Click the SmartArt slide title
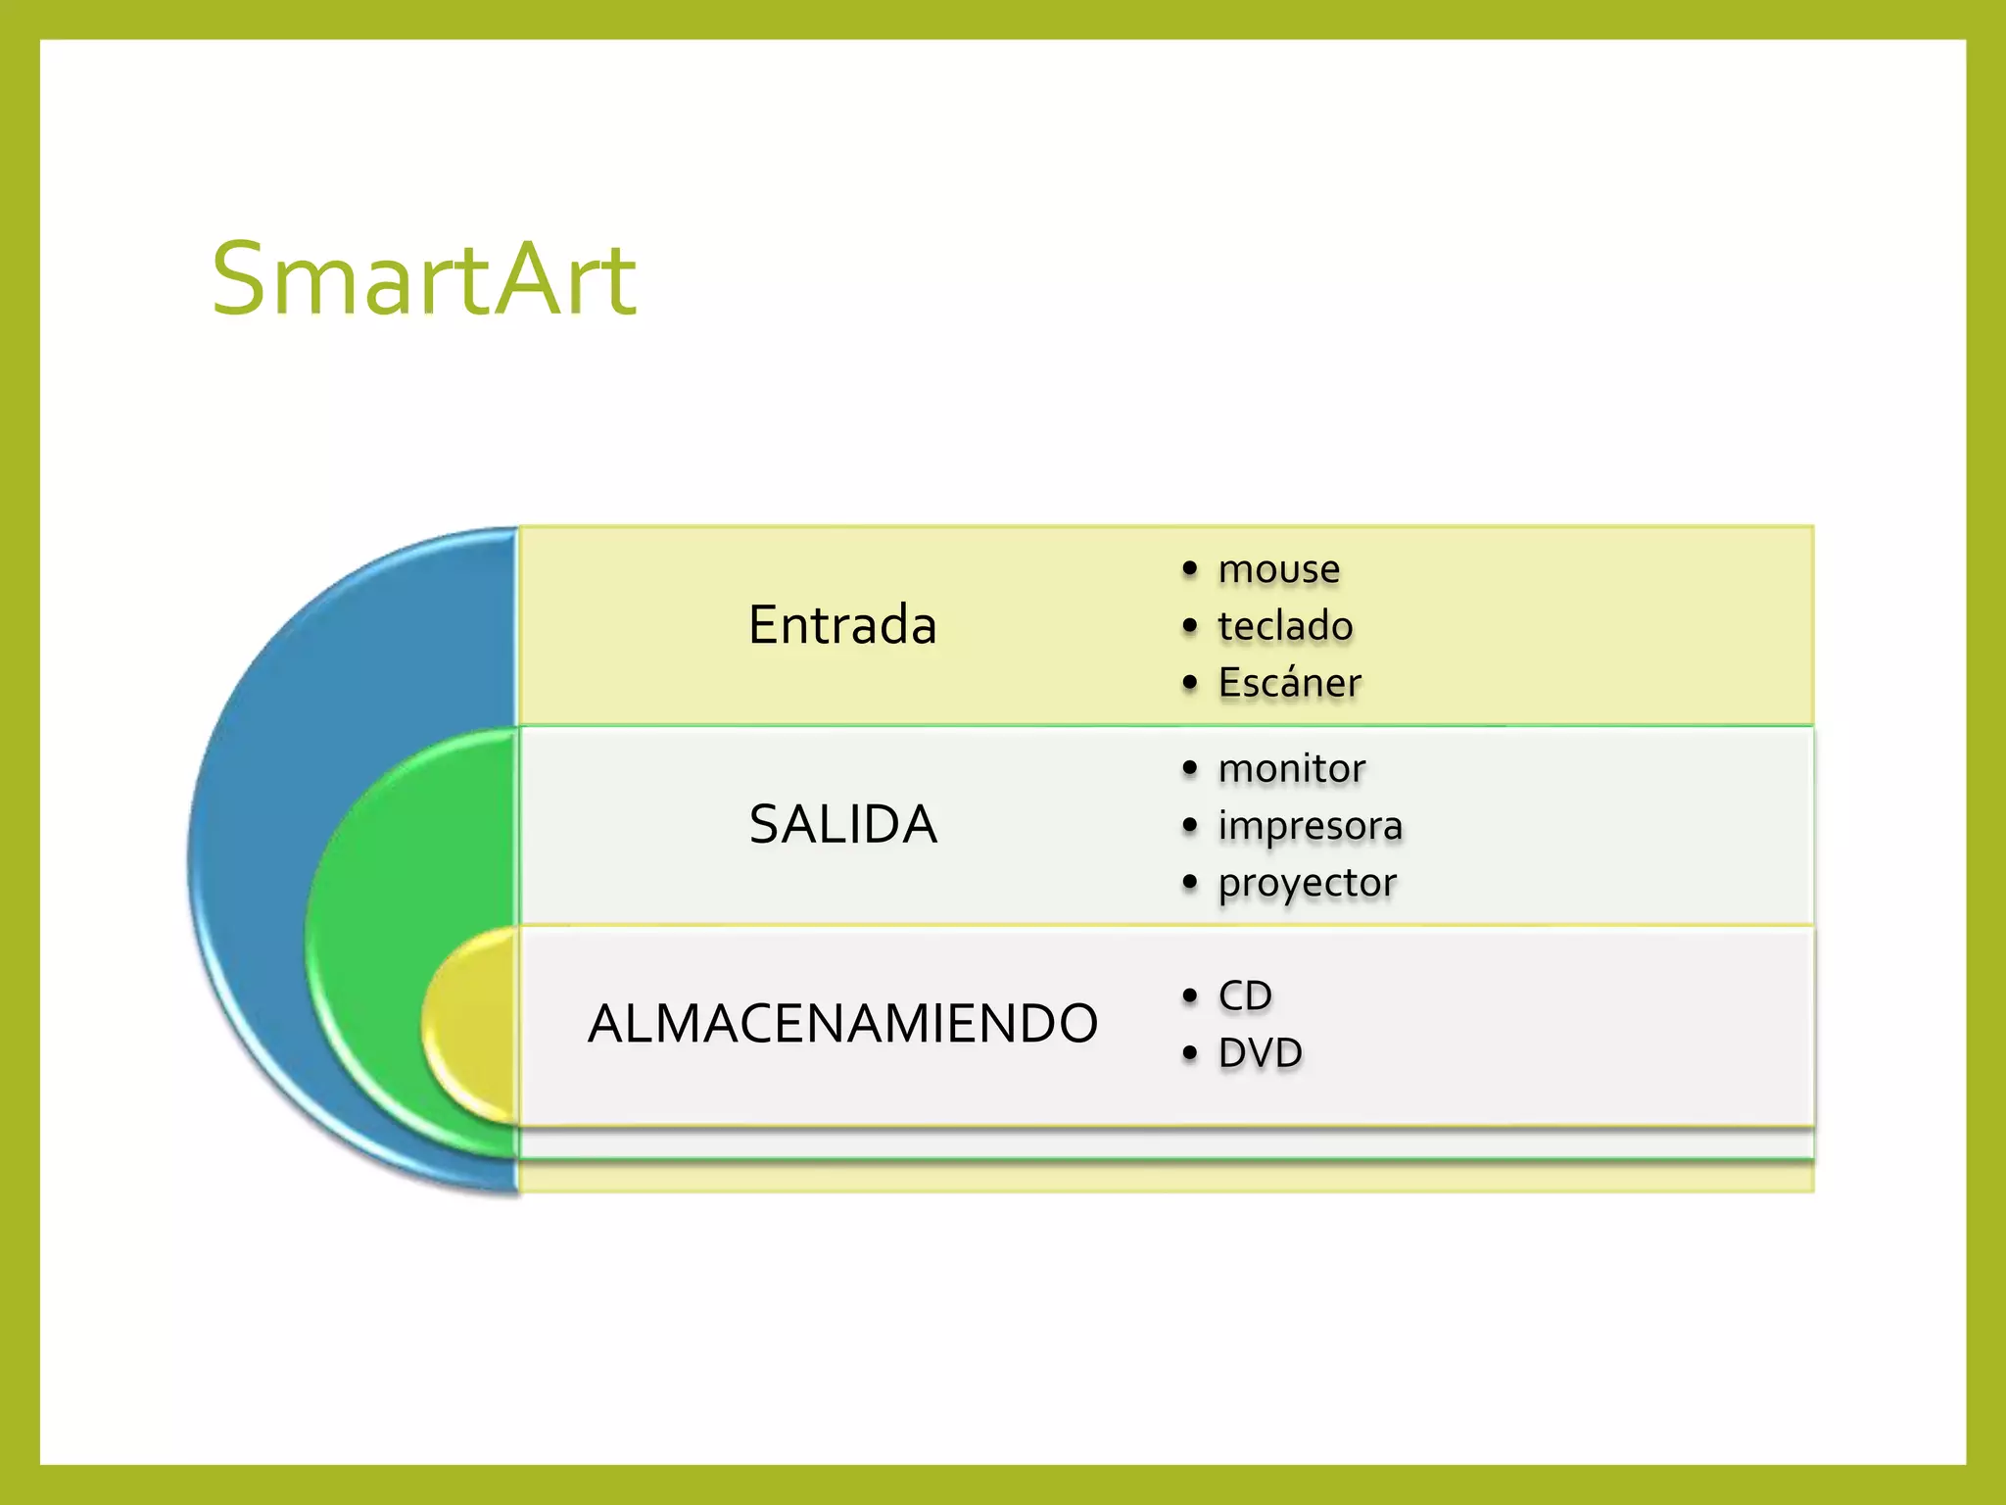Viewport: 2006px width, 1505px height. (424, 280)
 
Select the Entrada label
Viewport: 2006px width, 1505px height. (842, 625)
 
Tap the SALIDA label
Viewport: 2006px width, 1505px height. (842, 824)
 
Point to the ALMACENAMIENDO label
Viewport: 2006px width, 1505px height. (842, 1024)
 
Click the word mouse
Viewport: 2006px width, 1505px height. (1278, 568)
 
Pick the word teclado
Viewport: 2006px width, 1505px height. (1285, 626)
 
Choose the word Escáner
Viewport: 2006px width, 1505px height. (1289, 683)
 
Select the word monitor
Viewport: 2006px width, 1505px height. (1291, 768)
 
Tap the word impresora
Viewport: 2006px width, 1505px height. (1310, 826)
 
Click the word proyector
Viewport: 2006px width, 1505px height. (1307, 883)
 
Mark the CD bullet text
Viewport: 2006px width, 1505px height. (1245, 996)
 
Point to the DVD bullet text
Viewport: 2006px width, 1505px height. (1260, 1053)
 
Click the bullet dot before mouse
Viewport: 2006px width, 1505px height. (1190, 569)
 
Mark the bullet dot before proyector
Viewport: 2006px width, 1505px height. (1190, 883)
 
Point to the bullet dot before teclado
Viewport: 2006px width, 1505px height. (1190, 626)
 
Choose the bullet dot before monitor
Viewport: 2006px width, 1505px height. (1190, 769)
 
